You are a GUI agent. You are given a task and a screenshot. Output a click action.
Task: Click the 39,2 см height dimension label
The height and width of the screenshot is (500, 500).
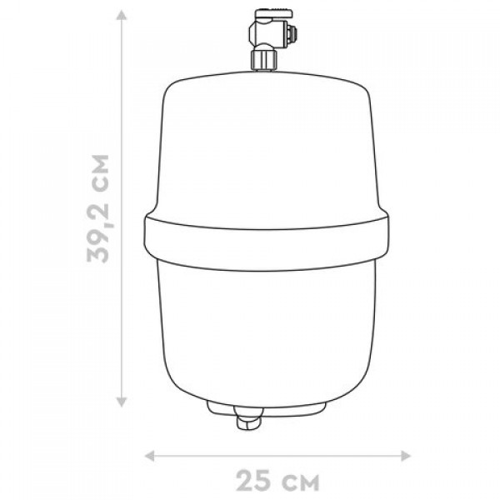point(98,208)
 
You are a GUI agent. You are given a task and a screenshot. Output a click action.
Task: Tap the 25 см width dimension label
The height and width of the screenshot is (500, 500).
point(277,481)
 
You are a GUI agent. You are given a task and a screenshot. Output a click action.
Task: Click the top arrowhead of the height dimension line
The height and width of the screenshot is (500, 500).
point(121,15)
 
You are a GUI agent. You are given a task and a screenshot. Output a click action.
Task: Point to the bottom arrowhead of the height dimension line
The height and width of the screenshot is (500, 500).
point(121,402)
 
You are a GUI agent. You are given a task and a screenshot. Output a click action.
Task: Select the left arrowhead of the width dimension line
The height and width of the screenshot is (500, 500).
point(150,456)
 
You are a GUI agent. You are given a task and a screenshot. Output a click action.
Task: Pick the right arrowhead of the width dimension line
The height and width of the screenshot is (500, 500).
point(405,456)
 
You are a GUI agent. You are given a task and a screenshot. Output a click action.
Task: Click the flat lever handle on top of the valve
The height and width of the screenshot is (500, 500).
point(273,13)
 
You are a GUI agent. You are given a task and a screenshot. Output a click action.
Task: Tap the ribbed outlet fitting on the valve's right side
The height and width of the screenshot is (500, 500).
point(292,32)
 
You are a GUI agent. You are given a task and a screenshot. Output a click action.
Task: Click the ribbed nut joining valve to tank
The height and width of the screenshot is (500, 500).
point(264,59)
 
